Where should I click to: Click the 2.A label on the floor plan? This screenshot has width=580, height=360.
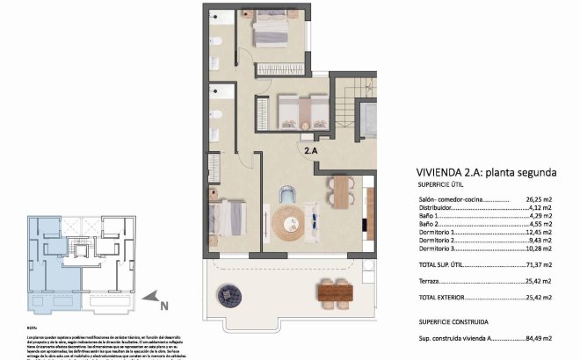tap(312, 150)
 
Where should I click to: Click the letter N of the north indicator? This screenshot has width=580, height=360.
tap(163, 306)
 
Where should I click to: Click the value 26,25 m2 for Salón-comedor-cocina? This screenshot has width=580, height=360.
tap(538, 200)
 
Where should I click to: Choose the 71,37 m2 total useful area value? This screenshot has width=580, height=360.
tap(538, 263)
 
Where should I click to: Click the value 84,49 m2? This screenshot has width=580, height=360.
tap(538, 336)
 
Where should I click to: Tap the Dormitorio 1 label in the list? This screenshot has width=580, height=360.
tap(439, 231)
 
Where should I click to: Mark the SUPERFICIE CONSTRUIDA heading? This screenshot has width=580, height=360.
tap(453, 321)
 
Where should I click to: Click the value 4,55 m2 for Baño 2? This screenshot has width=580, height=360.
tap(538, 224)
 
